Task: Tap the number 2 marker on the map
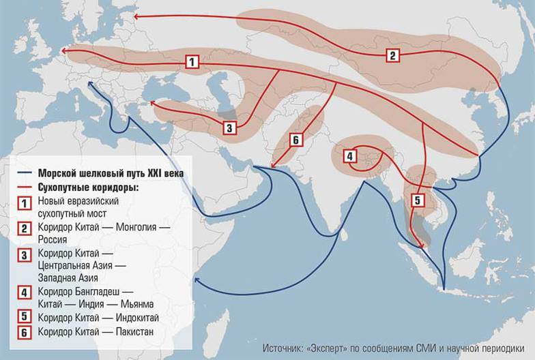(x=392, y=56)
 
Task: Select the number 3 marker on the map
(x=229, y=127)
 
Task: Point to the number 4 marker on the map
(x=349, y=156)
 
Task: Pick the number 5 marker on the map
(x=418, y=200)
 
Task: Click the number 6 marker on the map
(x=295, y=140)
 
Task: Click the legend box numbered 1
(x=25, y=202)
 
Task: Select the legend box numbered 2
(x=25, y=229)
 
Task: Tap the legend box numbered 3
(x=25, y=256)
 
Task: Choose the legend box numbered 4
(x=25, y=294)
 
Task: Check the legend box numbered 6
(x=25, y=332)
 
